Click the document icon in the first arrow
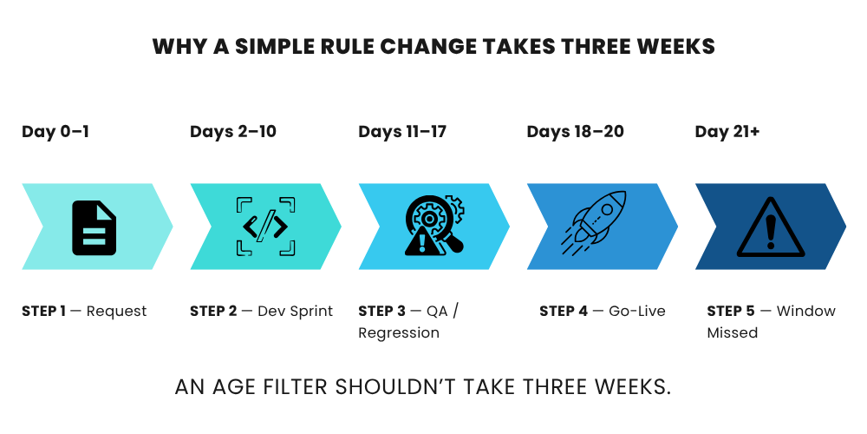pyautogui.click(x=94, y=227)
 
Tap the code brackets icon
pyautogui.click(x=265, y=227)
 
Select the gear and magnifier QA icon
pyautogui.click(x=434, y=225)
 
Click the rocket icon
pyautogui.click(x=594, y=222)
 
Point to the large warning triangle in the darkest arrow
pyautogui.click(x=770, y=228)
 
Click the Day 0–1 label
pyautogui.click(x=55, y=132)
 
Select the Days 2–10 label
pyautogui.click(x=232, y=132)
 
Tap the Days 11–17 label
pyautogui.click(x=402, y=132)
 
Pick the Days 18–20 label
pyautogui.click(x=575, y=132)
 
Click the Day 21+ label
pyautogui.click(x=727, y=132)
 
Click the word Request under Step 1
pyautogui.click(x=117, y=312)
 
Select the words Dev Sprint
pyautogui.click(x=296, y=312)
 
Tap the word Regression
pyautogui.click(x=399, y=333)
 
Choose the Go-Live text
pyautogui.click(x=637, y=311)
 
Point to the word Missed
pyautogui.click(x=732, y=332)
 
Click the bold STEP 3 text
pyautogui.click(x=381, y=311)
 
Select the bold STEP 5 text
pyautogui.click(x=730, y=311)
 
